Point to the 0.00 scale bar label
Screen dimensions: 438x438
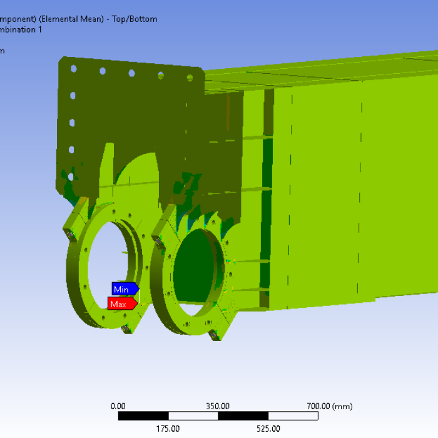click(118, 406)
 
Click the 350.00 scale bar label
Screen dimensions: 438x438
click(218, 406)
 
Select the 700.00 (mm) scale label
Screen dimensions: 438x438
click(329, 406)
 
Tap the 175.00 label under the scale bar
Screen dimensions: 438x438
click(168, 429)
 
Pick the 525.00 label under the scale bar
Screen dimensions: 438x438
click(268, 429)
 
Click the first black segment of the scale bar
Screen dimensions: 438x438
click(143, 416)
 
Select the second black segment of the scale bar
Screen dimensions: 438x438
click(243, 416)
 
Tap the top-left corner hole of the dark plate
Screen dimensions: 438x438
click(73, 69)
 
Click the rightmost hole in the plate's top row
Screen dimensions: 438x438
click(190, 78)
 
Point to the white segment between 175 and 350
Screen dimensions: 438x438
click(193, 416)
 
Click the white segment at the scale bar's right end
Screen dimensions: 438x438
click(293, 416)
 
